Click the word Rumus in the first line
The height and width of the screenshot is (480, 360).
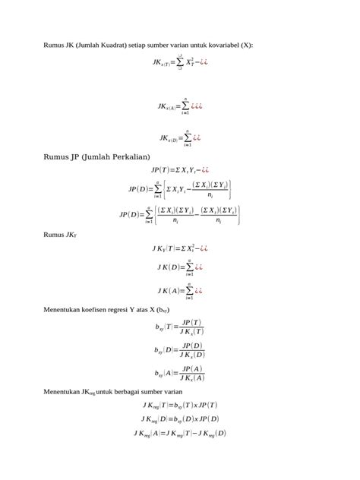(55, 45)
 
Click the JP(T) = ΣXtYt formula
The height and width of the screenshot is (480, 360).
(179, 170)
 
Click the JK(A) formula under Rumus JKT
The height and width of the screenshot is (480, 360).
(179, 290)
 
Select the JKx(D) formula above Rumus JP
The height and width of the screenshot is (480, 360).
(179, 138)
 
